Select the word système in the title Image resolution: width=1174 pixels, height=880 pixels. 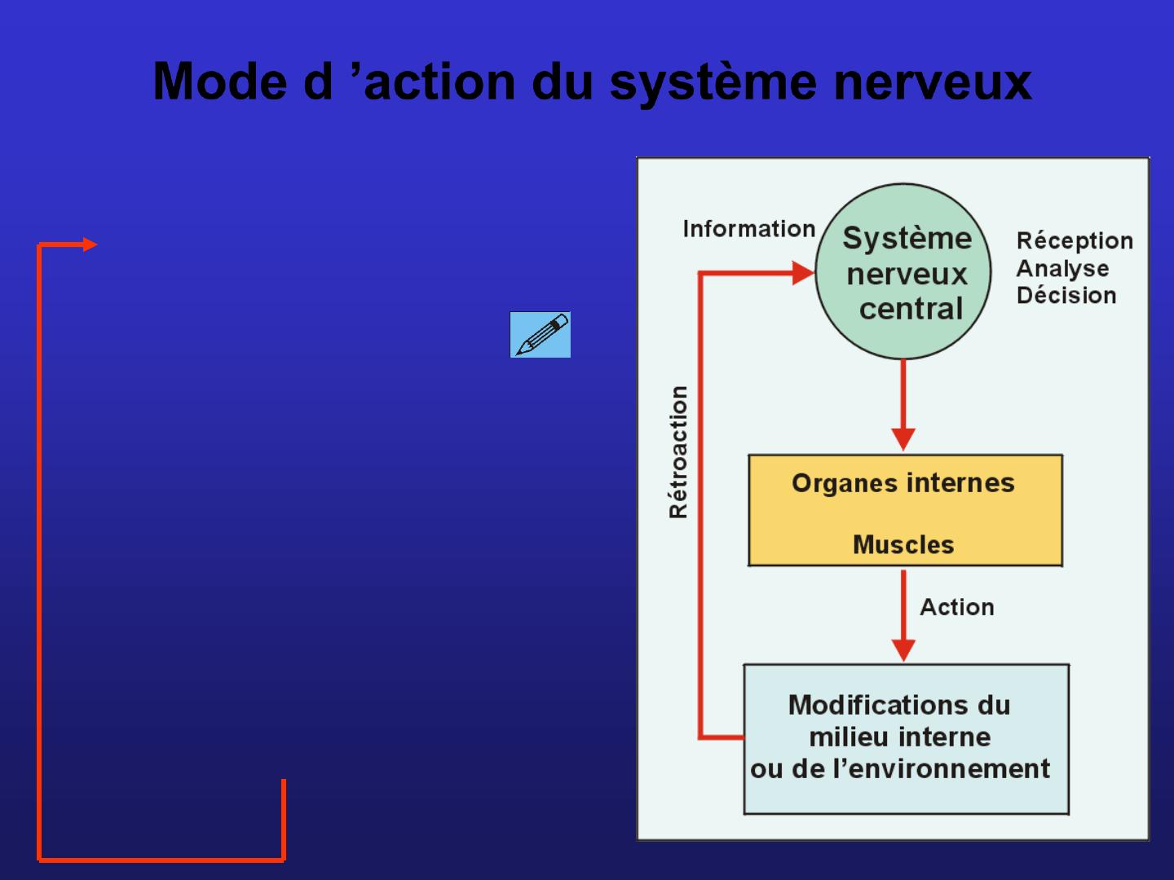coord(713,83)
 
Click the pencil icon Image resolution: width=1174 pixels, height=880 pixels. coord(541,335)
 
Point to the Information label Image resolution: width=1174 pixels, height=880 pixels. coord(748,229)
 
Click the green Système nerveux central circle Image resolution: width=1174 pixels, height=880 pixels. coord(904,272)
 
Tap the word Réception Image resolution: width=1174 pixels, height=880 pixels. coord(1075,241)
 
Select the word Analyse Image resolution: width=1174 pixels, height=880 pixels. coord(1062,268)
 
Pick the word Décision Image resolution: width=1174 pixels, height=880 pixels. coord(1066,295)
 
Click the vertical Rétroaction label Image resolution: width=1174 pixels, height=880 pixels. coord(678,452)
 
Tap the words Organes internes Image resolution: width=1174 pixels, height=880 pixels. coord(903,483)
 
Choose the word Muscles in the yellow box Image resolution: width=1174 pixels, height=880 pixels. coord(903,544)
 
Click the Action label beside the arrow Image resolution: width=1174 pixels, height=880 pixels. coord(956,607)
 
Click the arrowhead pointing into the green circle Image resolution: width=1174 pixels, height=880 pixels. coord(804,274)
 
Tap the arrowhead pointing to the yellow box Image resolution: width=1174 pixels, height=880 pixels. coord(903,439)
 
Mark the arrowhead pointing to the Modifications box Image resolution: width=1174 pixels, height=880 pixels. coord(903,650)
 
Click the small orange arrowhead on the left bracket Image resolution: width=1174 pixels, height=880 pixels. coord(90,244)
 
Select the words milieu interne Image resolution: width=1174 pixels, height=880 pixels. coord(899,737)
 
